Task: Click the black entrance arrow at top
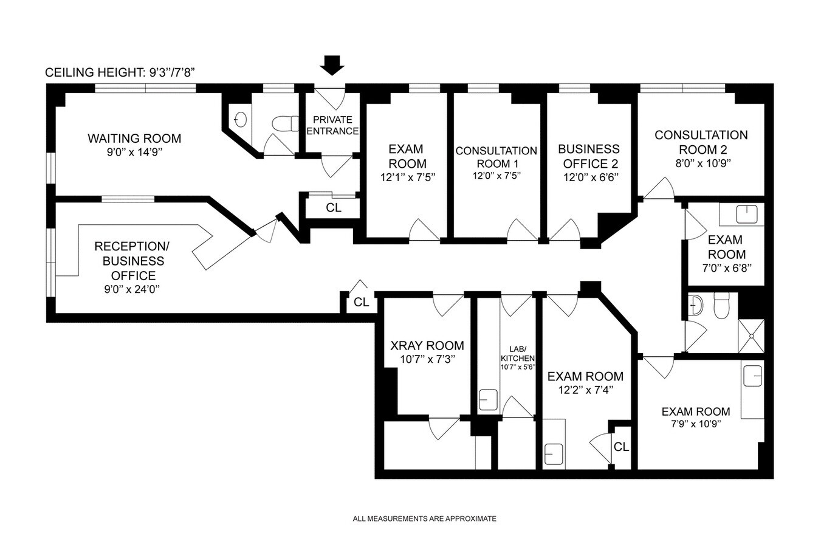tap(332, 64)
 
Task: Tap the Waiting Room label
tap(134, 139)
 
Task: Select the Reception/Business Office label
tap(129, 261)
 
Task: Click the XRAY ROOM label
tap(427, 346)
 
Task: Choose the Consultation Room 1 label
tap(496, 157)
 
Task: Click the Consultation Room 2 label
tap(701, 142)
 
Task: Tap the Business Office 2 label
tap(589, 156)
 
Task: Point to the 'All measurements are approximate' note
tap(425, 519)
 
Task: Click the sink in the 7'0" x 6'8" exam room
tap(745, 215)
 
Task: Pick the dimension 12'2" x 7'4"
tap(585, 390)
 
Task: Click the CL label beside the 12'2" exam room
tap(621, 447)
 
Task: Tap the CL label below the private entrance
tap(334, 208)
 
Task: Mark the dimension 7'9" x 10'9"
tap(696, 425)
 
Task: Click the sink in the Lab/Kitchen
tap(488, 401)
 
